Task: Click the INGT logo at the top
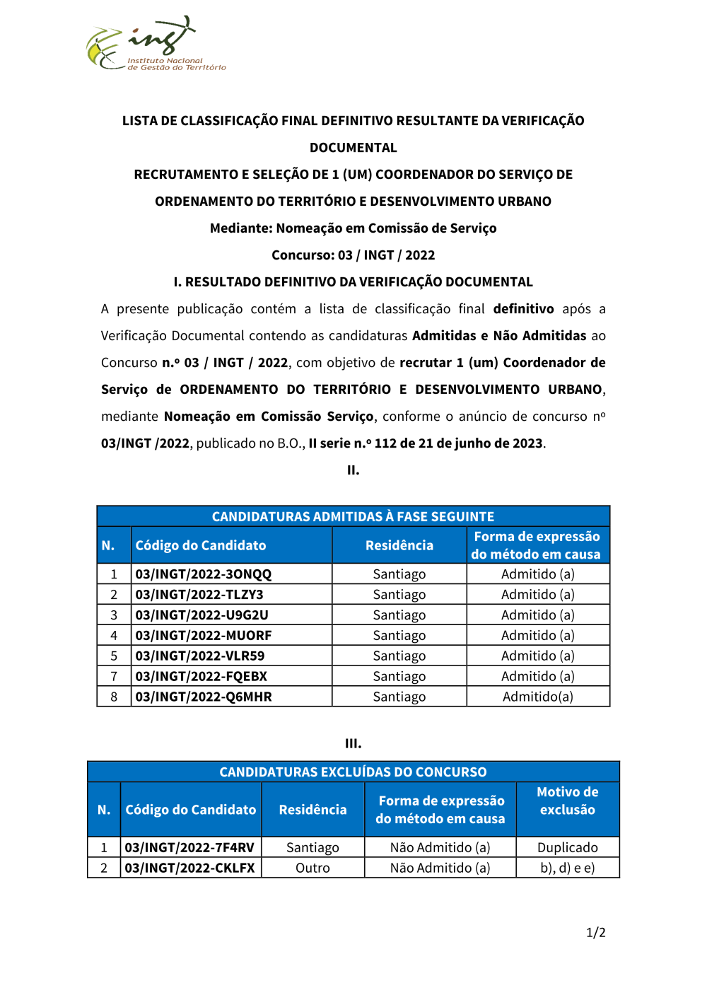[156, 45]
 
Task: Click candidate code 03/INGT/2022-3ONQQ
[204, 574]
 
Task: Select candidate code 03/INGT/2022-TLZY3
[199, 595]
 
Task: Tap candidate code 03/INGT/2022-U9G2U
[201, 615]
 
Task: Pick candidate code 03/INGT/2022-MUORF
[204, 636]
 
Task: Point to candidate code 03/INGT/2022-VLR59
[200, 656]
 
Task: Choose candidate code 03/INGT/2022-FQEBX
[201, 677]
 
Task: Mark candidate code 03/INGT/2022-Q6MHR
[204, 697]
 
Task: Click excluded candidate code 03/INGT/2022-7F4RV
[189, 847]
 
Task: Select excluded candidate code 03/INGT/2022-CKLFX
[189, 868]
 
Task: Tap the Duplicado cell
[568, 847]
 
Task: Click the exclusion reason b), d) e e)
[568, 868]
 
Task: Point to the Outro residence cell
[312, 868]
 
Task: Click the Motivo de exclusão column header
[568, 801]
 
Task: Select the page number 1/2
[596, 933]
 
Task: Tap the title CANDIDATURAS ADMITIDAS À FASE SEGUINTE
[353, 517]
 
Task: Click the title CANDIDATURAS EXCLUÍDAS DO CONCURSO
[353, 772]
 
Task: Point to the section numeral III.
[353, 744]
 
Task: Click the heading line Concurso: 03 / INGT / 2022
[353, 255]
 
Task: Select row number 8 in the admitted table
[114, 697]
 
